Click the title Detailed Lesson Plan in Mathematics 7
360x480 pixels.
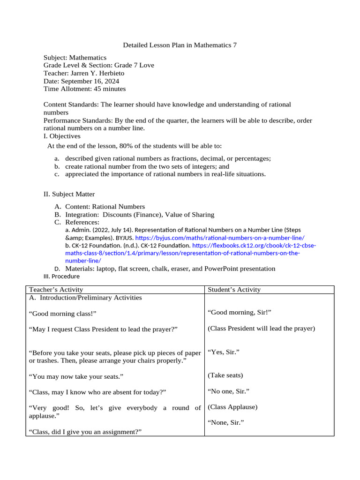coord(180,45)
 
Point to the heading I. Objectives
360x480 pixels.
coord(62,136)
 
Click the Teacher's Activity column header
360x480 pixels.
coord(56,290)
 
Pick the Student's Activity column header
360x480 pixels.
coord(234,290)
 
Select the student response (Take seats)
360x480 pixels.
coord(225,375)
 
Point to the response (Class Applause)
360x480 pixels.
coord(232,407)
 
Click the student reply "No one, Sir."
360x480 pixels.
coord(228,391)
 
